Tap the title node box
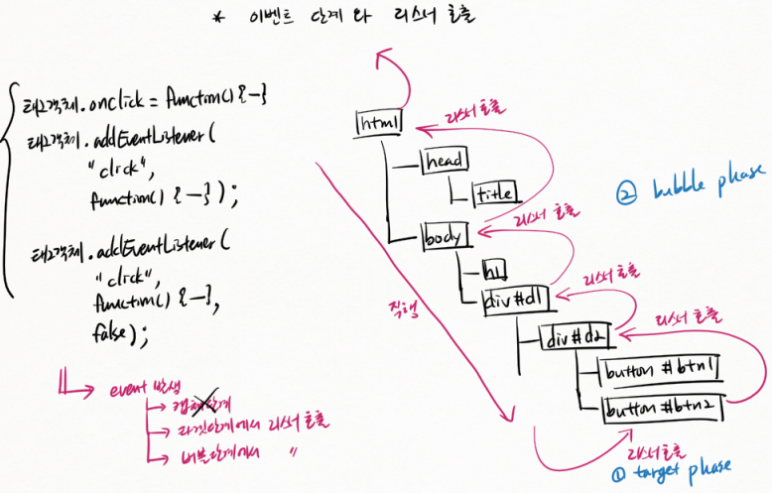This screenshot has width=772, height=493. [x=494, y=193]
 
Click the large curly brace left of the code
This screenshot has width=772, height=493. [x=10, y=188]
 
